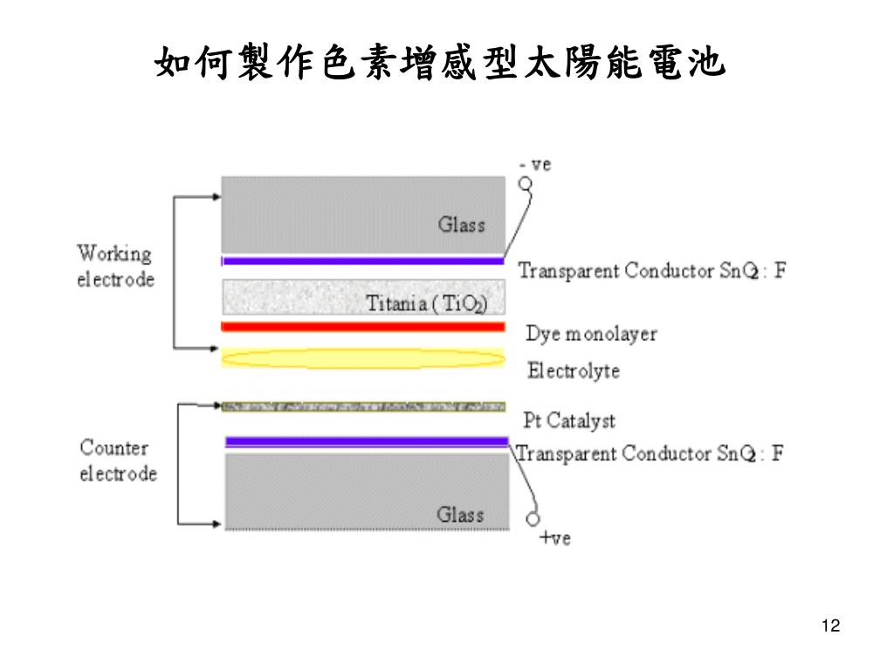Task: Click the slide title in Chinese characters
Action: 440,63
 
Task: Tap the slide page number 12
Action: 830,626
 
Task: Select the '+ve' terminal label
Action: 554,538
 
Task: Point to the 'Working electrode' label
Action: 115,266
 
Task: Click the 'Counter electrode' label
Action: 118,461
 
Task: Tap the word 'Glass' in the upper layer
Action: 461,224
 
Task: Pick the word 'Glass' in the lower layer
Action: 460,515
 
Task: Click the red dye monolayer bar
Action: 363,327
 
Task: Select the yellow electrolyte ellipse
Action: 363,359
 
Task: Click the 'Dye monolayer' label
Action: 591,334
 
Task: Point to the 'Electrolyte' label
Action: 573,371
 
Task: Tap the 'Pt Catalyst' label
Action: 568,420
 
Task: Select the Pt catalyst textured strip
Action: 363,407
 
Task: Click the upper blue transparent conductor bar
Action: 363,261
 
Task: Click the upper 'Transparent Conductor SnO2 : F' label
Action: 652,270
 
